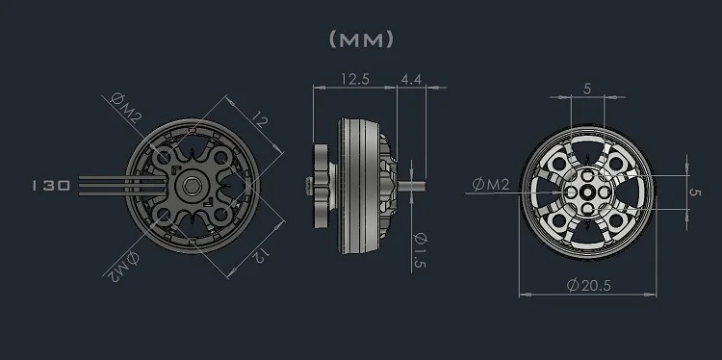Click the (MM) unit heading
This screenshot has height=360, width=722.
coord(361,39)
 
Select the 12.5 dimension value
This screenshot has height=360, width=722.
coord(355,79)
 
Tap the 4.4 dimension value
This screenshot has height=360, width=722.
coord(411,79)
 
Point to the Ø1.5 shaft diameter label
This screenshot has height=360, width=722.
coord(421,250)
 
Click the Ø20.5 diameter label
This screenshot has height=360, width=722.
coord(588,286)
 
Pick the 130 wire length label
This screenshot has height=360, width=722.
coord(51,186)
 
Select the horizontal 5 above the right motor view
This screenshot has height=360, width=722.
coord(587,89)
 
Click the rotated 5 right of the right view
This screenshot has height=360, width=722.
coord(695,192)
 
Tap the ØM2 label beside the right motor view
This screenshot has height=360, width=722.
coord(491,185)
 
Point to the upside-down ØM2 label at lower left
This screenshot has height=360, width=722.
coord(123,267)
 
